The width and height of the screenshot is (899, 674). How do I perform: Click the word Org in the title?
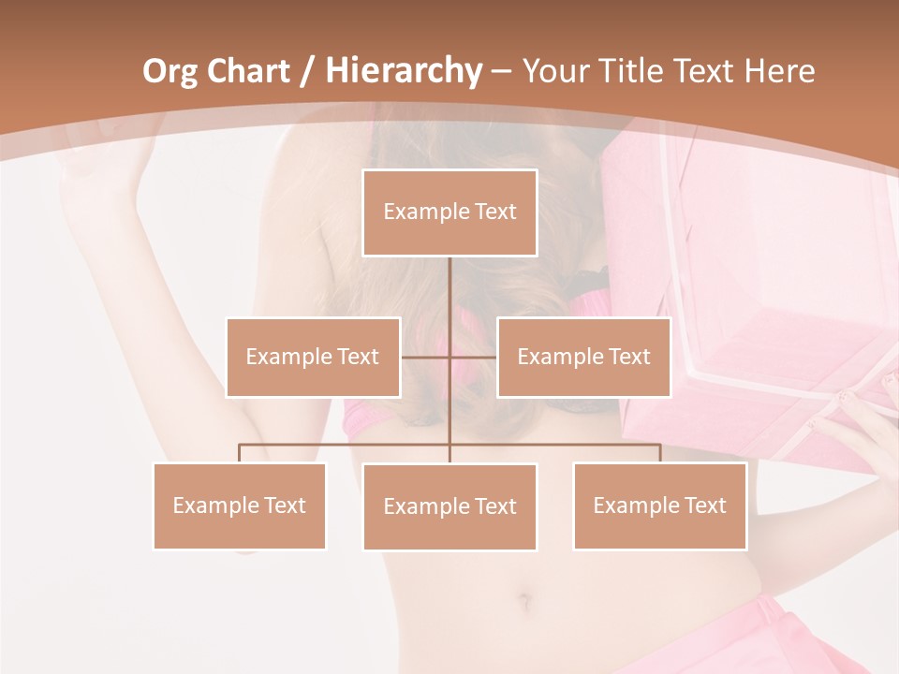(x=169, y=71)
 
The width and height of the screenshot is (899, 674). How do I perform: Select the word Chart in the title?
(x=247, y=71)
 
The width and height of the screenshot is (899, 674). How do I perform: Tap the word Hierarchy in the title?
(x=404, y=71)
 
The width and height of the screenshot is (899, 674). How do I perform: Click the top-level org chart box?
(x=449, y=212)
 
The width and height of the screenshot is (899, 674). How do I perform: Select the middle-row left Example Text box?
(x=313, y=357)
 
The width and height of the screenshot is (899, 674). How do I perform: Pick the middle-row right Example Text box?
(x=583, y=357)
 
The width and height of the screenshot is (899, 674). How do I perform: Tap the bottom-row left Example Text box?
(x=239, y=505)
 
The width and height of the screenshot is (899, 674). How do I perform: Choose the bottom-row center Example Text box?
(x=449, y=506)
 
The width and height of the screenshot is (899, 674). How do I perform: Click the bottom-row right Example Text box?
(x=659, y=505)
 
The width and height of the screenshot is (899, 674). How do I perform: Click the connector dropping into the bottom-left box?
(x=239, y=453)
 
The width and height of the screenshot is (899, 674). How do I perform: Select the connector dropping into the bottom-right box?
(x=659, y=453)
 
